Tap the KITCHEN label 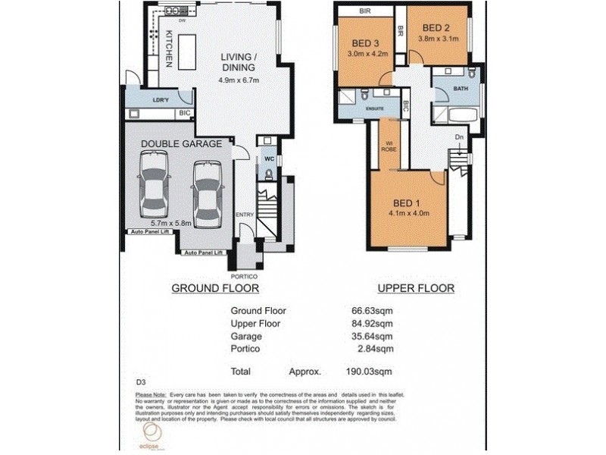pyautogui.click(x=170, y=47)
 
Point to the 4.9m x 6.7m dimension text pyautogui.click(x=239, y=81)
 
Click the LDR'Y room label pyautogui.click(x=161, y=100)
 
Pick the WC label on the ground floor pyautogui.click(x=269, y=159)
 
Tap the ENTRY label pyautogui.click(x=245, y=215)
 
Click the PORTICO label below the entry pyautogui.click(x=250, y=276)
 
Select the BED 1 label pyautogui.click(x=407, y=202)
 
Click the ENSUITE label pyautogui.click(x=374, y=109)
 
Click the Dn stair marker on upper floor pyautogui.click(x=458, y=136)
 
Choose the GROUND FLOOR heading pyautogui.click(x=215, y=288)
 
